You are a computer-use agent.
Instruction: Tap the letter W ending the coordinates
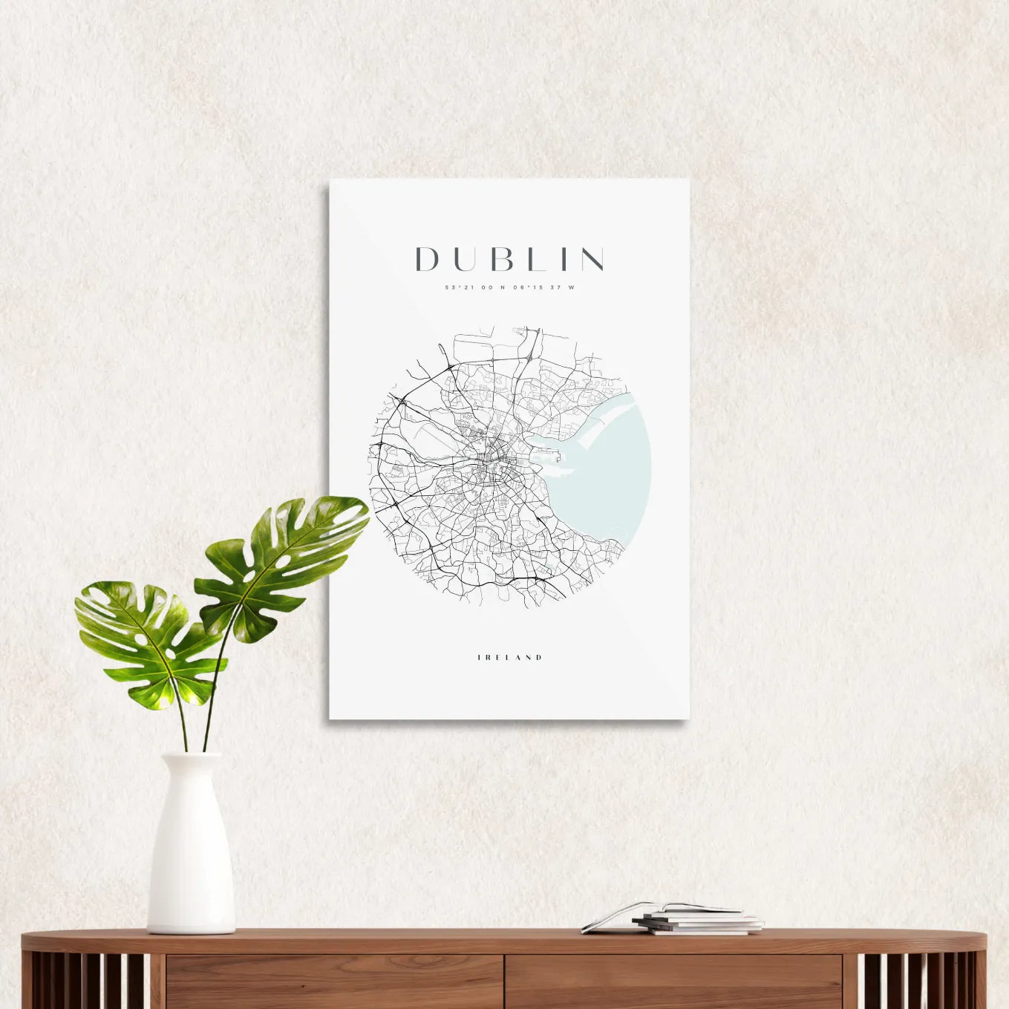pyautogui.click(x=571, y=287)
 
